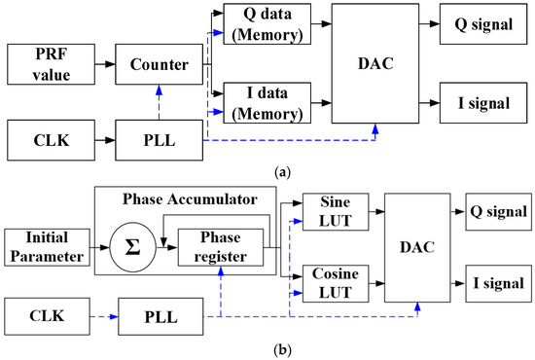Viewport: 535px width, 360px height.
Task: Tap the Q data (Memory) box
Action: click(x=267, y=23)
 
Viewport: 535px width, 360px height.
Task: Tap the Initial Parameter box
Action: click(x=43, y=246)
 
